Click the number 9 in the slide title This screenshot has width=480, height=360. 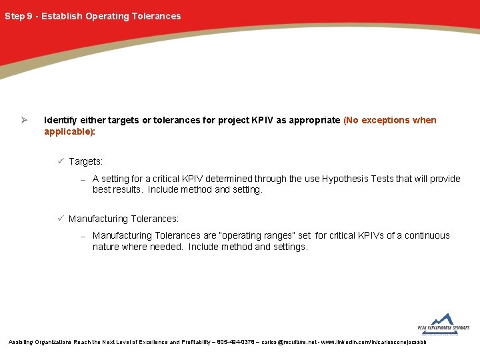pyautogui.click(x=29, y=16)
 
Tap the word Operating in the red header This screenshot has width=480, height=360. pyautogui.click(x=107, y=16)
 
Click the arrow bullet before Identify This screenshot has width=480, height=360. pyautogui.click(x=23, y=121)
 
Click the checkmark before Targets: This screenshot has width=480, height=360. pyautogui.click(x=60, y=161)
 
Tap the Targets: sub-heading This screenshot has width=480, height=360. pyautogui.click(x=86, y=162)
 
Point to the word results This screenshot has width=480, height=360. pyautogui.click(x=128, y=190)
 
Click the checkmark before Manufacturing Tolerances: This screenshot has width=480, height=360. pyautogui.click(x=60, y=218)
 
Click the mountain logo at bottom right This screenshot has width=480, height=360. pyautogui.click(x=443, y=322)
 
